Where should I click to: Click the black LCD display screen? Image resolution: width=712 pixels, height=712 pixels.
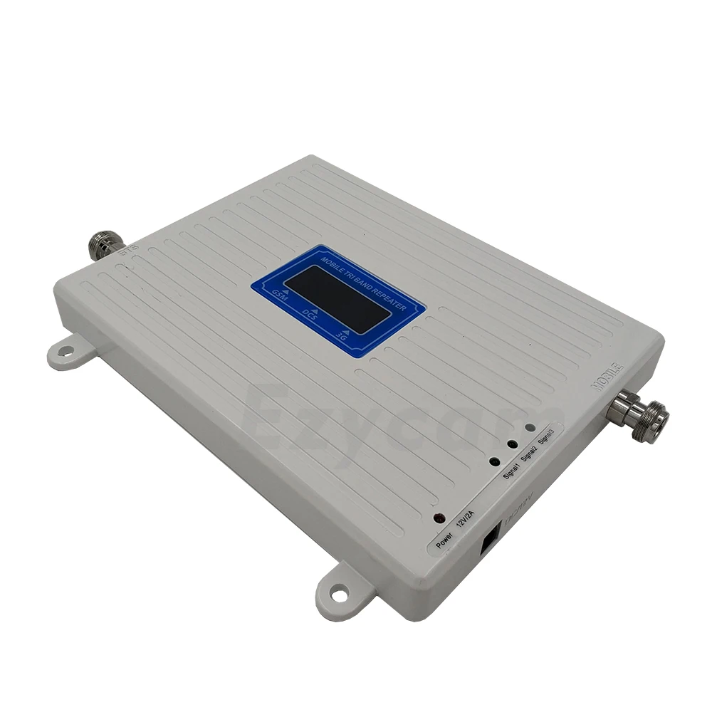tap(336, 299)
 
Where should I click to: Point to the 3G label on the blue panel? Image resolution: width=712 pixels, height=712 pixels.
tap(346, 334)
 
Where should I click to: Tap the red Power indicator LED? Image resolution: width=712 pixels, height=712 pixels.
tap(439, 518)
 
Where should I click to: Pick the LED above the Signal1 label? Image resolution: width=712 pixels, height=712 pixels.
tap(494, 461)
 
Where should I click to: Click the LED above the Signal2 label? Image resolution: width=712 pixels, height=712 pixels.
tap(511, 445)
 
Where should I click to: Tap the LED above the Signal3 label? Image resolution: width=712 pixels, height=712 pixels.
tap(529, 429)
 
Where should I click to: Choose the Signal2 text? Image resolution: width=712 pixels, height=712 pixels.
tap(530, 452)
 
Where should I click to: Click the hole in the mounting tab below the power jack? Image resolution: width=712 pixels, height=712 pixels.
tap(340, 592)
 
